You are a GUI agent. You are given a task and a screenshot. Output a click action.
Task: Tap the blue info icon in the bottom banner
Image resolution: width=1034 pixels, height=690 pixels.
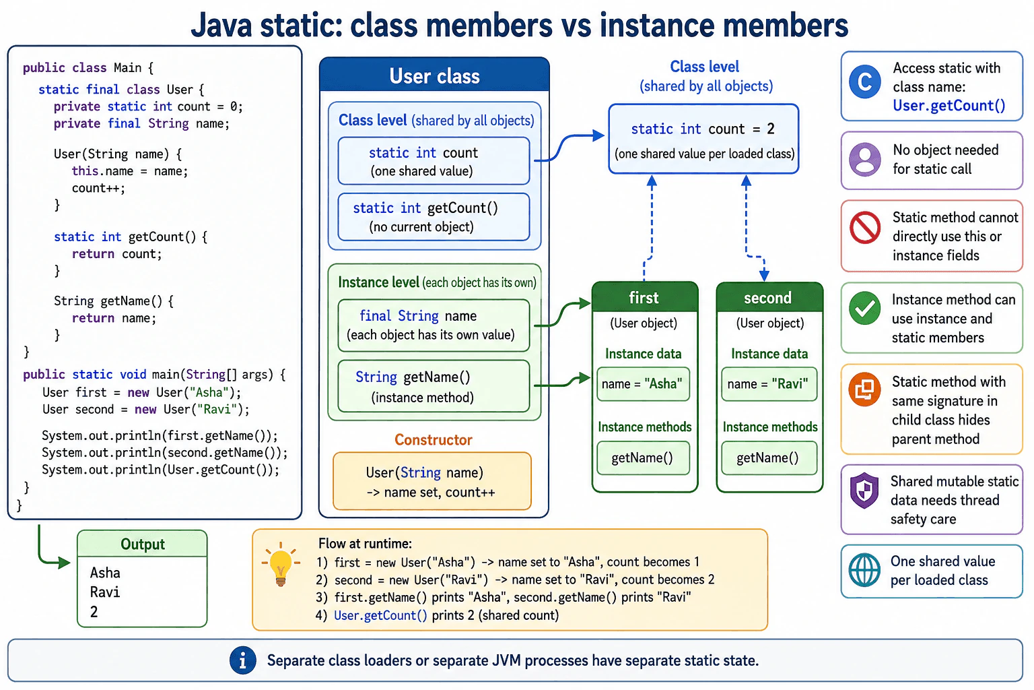pyautogui.click(x=243, y=660)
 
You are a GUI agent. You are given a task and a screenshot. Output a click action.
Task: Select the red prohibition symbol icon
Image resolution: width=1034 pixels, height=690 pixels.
pyautogui.click(x=865, y=227)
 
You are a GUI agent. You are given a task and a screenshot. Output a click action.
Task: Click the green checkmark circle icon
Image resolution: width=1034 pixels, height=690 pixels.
pyautogui.click(x=864, y=308)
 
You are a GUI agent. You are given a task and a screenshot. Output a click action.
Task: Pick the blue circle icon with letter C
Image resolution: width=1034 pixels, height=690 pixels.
pyautogui.click(x=865, y=82)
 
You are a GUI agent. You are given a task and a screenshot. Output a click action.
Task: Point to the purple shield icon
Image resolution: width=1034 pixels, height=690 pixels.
pyautogui.click(x=864, y=491)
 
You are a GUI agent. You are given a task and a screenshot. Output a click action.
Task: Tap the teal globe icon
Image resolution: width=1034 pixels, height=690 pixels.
pyautogui.click(x=864, y=570)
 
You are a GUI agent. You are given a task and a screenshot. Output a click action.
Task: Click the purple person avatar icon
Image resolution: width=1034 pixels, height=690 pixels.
pyautogui.click(x=865, y=160)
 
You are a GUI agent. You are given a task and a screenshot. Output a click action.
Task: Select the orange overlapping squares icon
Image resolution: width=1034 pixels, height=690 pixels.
pyautogui.click(x=864, y=389)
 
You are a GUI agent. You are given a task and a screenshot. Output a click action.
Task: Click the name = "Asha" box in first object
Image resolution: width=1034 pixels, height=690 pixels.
pyautogui.click(x=643, y=383)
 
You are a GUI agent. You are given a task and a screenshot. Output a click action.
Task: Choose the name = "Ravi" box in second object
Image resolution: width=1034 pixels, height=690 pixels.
pyautogui.click(x=769, y=383)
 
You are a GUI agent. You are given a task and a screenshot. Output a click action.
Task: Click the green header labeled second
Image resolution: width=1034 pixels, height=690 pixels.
pyautogui.click(x=769, y=297)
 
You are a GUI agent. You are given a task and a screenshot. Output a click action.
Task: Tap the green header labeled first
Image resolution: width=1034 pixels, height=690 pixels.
pyautogui.click(x=645, y=297)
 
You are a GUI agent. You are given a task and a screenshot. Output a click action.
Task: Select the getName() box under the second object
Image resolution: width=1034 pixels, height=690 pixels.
pyautogui.click(x=769, y=458)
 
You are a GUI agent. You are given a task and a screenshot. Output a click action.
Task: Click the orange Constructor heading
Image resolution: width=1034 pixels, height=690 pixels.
pyautogui.click(x=434, y=439)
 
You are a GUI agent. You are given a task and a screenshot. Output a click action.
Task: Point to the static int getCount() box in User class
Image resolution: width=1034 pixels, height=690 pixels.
pyautogui.click(x=434, y=217)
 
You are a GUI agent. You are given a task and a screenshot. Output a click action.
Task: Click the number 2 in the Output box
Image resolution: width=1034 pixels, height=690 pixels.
pyautogui.click(x=94, y=612)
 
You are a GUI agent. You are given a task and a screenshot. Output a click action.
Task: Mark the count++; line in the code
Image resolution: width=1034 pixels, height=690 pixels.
pyautogui.click(x=98, y=188)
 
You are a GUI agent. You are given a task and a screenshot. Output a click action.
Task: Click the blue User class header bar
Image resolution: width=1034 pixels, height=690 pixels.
pyautogui.click(x=434, y=75)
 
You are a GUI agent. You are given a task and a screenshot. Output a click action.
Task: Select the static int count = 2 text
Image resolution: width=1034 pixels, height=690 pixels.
pyautogui.click(x=703, y=129)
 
